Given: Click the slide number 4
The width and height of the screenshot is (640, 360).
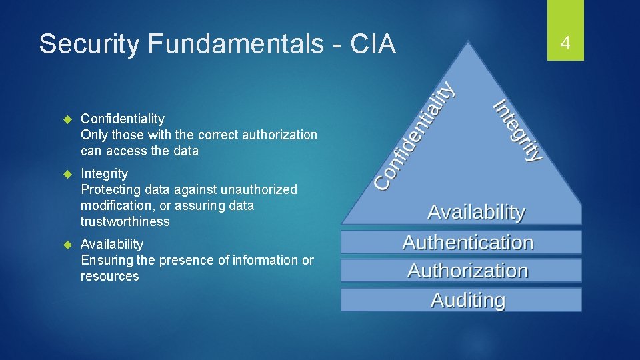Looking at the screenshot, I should (565, 44).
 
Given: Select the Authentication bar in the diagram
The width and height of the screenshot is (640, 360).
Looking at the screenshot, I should (467, 243).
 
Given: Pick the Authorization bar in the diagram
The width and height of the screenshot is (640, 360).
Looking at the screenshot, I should (467, 271).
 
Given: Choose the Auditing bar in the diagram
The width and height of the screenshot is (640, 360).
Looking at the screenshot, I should (467, 300).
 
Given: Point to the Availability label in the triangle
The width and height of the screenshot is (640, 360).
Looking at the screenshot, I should (476, 213).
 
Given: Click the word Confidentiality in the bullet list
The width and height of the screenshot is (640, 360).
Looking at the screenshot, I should (123, 119).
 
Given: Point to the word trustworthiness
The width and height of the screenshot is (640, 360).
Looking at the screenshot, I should (125, 221).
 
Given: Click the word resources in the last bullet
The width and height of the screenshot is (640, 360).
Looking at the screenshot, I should (110, 276).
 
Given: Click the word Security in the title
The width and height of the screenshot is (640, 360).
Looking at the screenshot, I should (89, 45).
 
